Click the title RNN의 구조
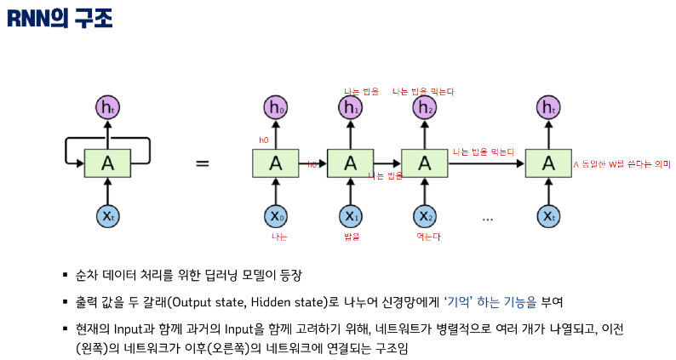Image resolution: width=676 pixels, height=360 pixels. pos(60,18)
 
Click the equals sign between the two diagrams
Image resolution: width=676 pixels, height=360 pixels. pos(203,162)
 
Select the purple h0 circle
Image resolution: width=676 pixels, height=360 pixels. pos(275,108)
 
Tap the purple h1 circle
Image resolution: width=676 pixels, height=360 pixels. pos(350,108)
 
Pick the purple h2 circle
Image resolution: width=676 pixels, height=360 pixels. pos(425,108)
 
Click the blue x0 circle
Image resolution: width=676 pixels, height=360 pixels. pos(275,216)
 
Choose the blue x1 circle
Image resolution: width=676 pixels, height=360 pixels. pos(350,216)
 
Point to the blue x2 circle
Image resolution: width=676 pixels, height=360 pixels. pos(425,216)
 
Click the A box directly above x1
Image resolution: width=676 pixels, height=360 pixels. pos(350,163)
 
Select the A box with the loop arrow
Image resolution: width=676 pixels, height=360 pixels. pos(107,163)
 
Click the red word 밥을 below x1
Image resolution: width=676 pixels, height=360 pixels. pos(351,237)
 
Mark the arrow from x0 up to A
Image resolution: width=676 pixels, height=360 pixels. pos(275,191)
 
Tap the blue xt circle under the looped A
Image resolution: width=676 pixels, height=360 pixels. pos(107,216)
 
